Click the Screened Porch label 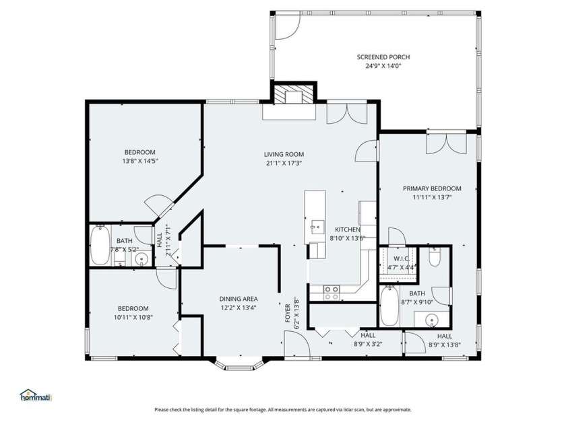383,57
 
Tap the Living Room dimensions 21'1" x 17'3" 284,163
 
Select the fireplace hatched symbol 294,95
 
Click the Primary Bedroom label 432,188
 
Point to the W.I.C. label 401,259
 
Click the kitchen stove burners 332,293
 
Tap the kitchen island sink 315,228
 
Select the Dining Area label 239,299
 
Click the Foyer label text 288,313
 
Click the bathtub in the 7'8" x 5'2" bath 100,245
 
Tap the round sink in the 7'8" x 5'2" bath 141,259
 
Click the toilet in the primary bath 435,256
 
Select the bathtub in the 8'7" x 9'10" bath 390,306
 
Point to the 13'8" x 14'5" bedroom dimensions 140,161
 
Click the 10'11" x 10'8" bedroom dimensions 133,317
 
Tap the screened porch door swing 288,26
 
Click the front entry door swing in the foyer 296,345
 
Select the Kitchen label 348,229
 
